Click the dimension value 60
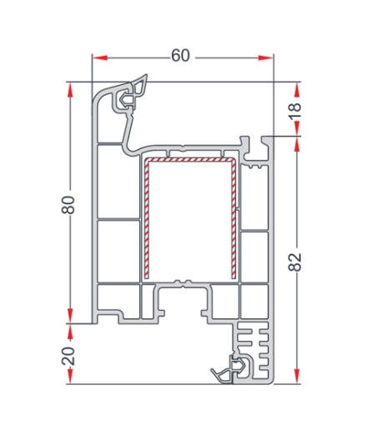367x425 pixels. (x=180, y=56)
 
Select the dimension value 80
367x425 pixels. (x=68, y=205)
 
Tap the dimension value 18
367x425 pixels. (x=295, y=111)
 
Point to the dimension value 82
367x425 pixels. (x=295, y=262)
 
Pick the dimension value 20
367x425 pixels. (x=68, y=356)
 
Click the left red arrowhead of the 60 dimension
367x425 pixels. (x=100, y=57)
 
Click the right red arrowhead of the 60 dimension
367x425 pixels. (x=265, y=57)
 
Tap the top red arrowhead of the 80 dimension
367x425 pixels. (x=70, y=90)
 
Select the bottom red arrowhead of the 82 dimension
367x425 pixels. (x=297, y=376)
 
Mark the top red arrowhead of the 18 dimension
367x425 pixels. (x=297, y=90)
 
